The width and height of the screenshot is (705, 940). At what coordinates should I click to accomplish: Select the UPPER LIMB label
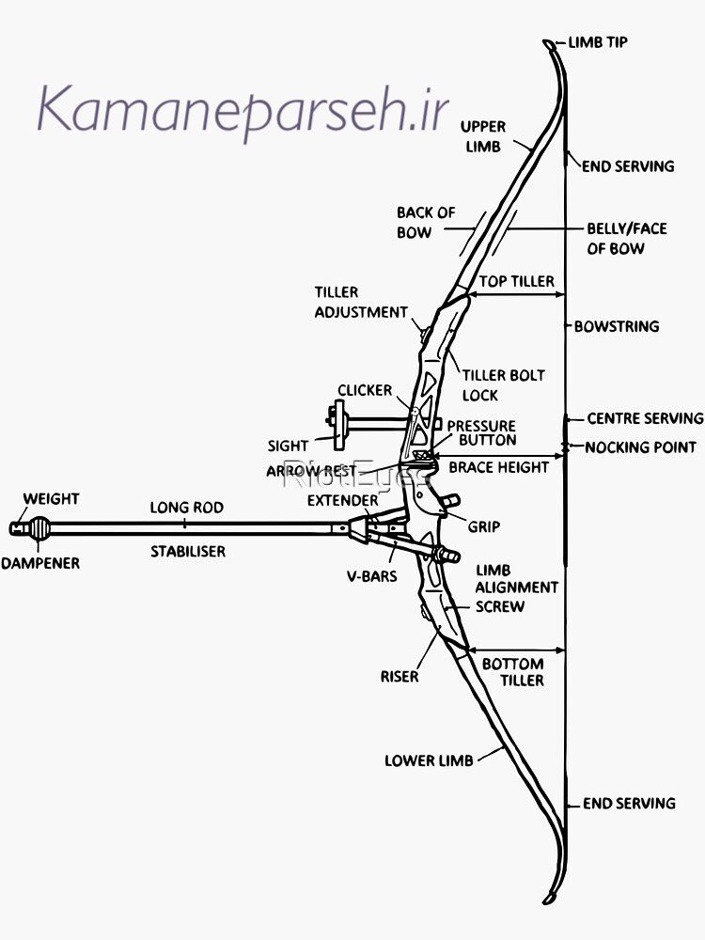tap(483, 136)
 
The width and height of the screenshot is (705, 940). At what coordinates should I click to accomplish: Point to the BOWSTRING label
tap(616, 326)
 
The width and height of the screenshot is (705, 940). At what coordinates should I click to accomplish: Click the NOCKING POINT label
tap(640, 446)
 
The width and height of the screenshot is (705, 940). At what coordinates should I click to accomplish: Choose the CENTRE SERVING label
tap(645, 418)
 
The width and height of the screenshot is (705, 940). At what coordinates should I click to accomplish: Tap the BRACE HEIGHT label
tap(497, 466)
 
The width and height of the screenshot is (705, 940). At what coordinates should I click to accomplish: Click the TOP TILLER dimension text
tap(516, 281)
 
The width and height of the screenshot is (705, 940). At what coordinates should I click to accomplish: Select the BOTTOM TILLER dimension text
tap(512, 671)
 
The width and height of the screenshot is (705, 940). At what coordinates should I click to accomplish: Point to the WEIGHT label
tap(51, 498)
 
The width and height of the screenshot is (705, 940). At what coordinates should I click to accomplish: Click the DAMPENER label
tap(40, 563)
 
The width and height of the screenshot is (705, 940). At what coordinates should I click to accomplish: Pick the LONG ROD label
tap(187, 508)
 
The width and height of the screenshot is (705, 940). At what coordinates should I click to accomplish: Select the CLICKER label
tap(365, 390)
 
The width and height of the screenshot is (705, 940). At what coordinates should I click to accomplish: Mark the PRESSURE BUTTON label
tap(480, 433)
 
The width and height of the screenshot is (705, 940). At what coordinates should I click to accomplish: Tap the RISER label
tap(399, 676)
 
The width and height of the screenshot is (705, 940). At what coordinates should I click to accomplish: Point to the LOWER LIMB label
tap(429, 760)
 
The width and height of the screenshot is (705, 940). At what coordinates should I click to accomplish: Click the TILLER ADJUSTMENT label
tap(360, 302)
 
